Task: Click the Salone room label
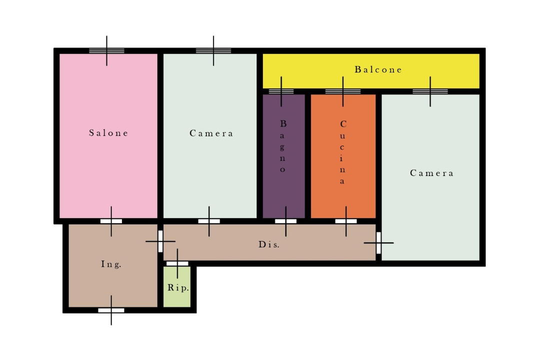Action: [x=108, y=133]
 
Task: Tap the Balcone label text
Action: [x=378, y=69]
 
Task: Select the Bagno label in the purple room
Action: [x=283, y=146]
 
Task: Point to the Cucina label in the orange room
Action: [x=342, y=152]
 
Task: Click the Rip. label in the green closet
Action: [x=178, y=287]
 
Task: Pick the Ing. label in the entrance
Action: [x=111, y=264]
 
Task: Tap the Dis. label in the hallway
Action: [x=269, y=244]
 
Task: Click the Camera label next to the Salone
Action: [x=211, y=133]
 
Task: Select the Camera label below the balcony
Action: [x=432, y=173]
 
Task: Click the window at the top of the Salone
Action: [x=106, y=51]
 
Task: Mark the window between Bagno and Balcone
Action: [x=281, y=91]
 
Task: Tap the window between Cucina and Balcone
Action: [x=342, y=91]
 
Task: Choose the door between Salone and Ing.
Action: [x=111, y=221]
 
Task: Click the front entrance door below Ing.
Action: [x=111, y=310]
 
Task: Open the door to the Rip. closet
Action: [x=177, y=263]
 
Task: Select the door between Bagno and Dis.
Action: [x=285, y=221]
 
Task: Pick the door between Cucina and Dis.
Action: [x=346, y=221]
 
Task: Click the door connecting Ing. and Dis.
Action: [x=160, y=241]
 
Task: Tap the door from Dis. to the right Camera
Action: [x=378, y=243]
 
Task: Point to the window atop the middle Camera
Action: [x=213, y=51]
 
